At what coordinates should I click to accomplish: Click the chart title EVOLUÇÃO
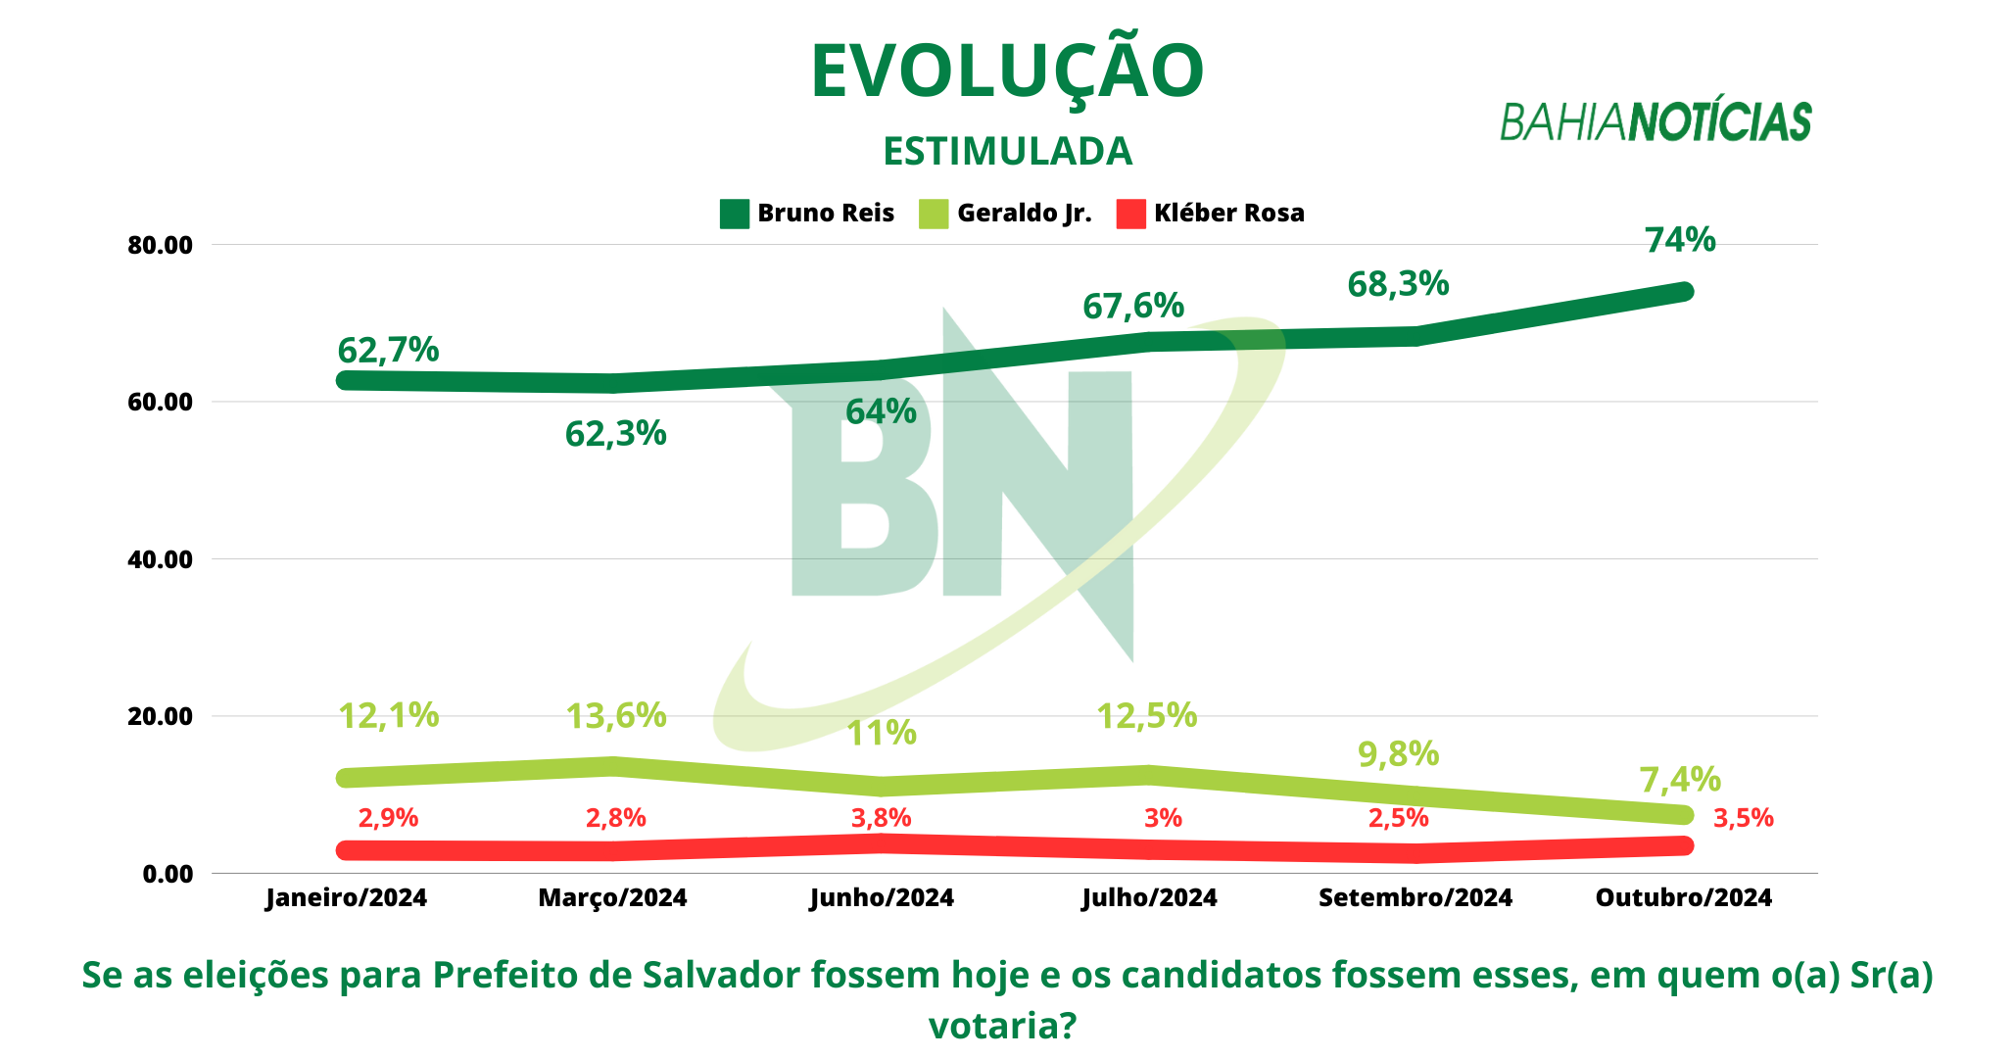1007,72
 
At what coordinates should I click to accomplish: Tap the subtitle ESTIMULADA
1007,151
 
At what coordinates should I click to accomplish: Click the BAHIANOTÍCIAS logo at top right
1655,121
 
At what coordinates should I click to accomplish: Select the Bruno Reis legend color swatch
734,214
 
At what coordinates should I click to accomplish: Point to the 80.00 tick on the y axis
161,245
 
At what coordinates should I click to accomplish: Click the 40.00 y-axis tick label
161,559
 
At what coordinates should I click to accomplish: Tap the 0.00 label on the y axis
168,874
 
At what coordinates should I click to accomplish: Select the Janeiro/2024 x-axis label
346,897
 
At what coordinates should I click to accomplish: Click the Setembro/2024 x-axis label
1415,897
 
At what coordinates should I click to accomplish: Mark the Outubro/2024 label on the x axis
1684,897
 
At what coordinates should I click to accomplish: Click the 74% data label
1680,240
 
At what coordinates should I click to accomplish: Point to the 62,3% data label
615,433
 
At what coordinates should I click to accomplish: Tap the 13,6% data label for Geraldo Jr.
616,716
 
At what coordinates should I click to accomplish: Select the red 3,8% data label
881,818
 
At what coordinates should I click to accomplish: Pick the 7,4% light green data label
1680,780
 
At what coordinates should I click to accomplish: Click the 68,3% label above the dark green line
1398,284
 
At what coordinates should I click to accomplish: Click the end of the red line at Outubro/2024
1684,845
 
